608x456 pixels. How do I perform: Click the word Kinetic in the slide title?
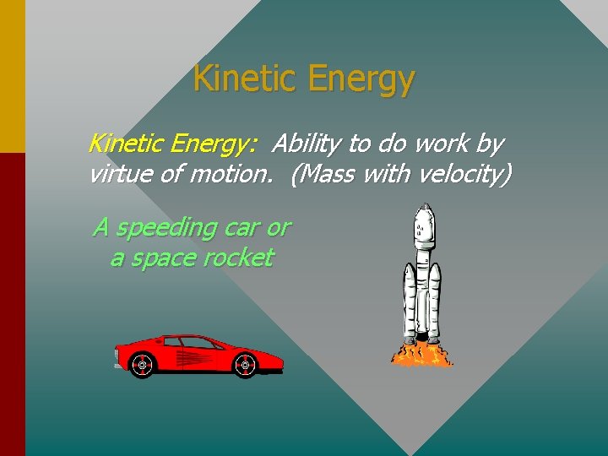point(246,79)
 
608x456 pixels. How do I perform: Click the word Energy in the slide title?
point(361,80)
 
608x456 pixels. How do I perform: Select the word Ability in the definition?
point(303,144)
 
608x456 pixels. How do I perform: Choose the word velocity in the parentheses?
point(461,175)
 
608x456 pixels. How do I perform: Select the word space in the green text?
point(166,258)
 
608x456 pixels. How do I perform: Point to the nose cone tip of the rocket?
point(425,205)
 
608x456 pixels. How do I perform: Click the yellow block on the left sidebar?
point(13,76)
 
